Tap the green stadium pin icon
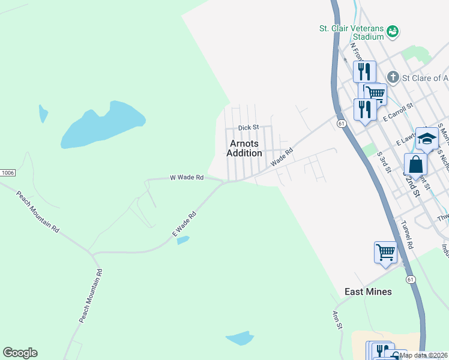(x=393, y=31)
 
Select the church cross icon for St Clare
(x=393, y=77)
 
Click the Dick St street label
(x=248, y=127)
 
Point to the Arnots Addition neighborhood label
(x=244, y=148)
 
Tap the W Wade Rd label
(x=187, y=178)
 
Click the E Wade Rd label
(x=184, y=224)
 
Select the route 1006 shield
(x=7, y=172)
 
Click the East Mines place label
(x=368, y=292)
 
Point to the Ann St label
(x=337, y=319)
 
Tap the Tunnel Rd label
(x=407, y=235)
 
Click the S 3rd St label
(x=384, y=161)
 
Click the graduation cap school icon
(x=427, y=138)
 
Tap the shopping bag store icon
(x=415, y=164)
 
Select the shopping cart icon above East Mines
(x=385, y=251)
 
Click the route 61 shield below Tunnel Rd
(x=411, y=280)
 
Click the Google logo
(x=20, y=353)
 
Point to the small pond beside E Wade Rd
(x=183, y=240)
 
